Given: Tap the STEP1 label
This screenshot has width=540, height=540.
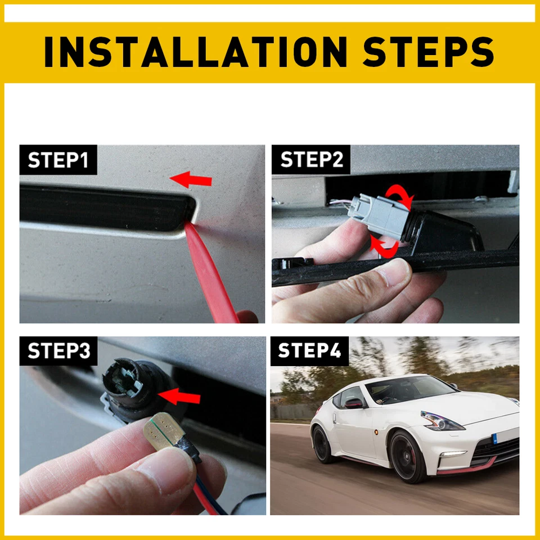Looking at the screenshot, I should click(58, 160).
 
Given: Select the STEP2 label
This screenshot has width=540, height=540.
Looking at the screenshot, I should click(311, 160).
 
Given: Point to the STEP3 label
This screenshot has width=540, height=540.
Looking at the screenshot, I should click(58, 351).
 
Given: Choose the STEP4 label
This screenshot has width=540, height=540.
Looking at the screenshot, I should click(309, 351).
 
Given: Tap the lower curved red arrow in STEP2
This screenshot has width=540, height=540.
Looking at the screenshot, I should click(385, 245).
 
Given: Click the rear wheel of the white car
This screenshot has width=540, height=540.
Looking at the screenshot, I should click(325, 445).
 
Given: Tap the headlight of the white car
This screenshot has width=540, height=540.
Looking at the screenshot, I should click(442, 421).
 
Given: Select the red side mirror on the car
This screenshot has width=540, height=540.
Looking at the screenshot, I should click(354, 403).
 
